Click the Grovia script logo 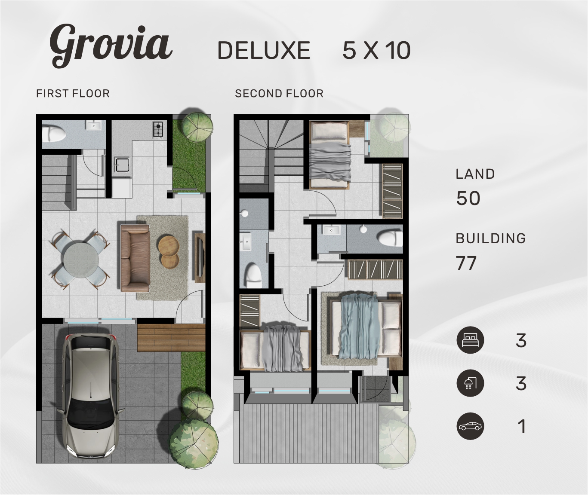[x=111, y=45]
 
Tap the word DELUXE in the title [x=264, y=51]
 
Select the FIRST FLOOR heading [x=73, y=93]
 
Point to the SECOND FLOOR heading [x=279, y=93]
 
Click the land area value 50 [x=468, y=198]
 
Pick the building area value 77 [x=466, y=263]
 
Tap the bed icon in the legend [x=470, y=340]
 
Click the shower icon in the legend [x=470, y=383]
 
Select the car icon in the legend [x=470, y=427]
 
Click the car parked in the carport [x=91, y=395]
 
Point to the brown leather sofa [x=135, y=258]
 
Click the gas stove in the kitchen [x=158, y=130]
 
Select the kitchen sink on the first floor [x=122, y=165]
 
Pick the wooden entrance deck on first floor [x=171, y=338]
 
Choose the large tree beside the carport [x=194, y=443]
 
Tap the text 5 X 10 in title [x=376, y=51]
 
